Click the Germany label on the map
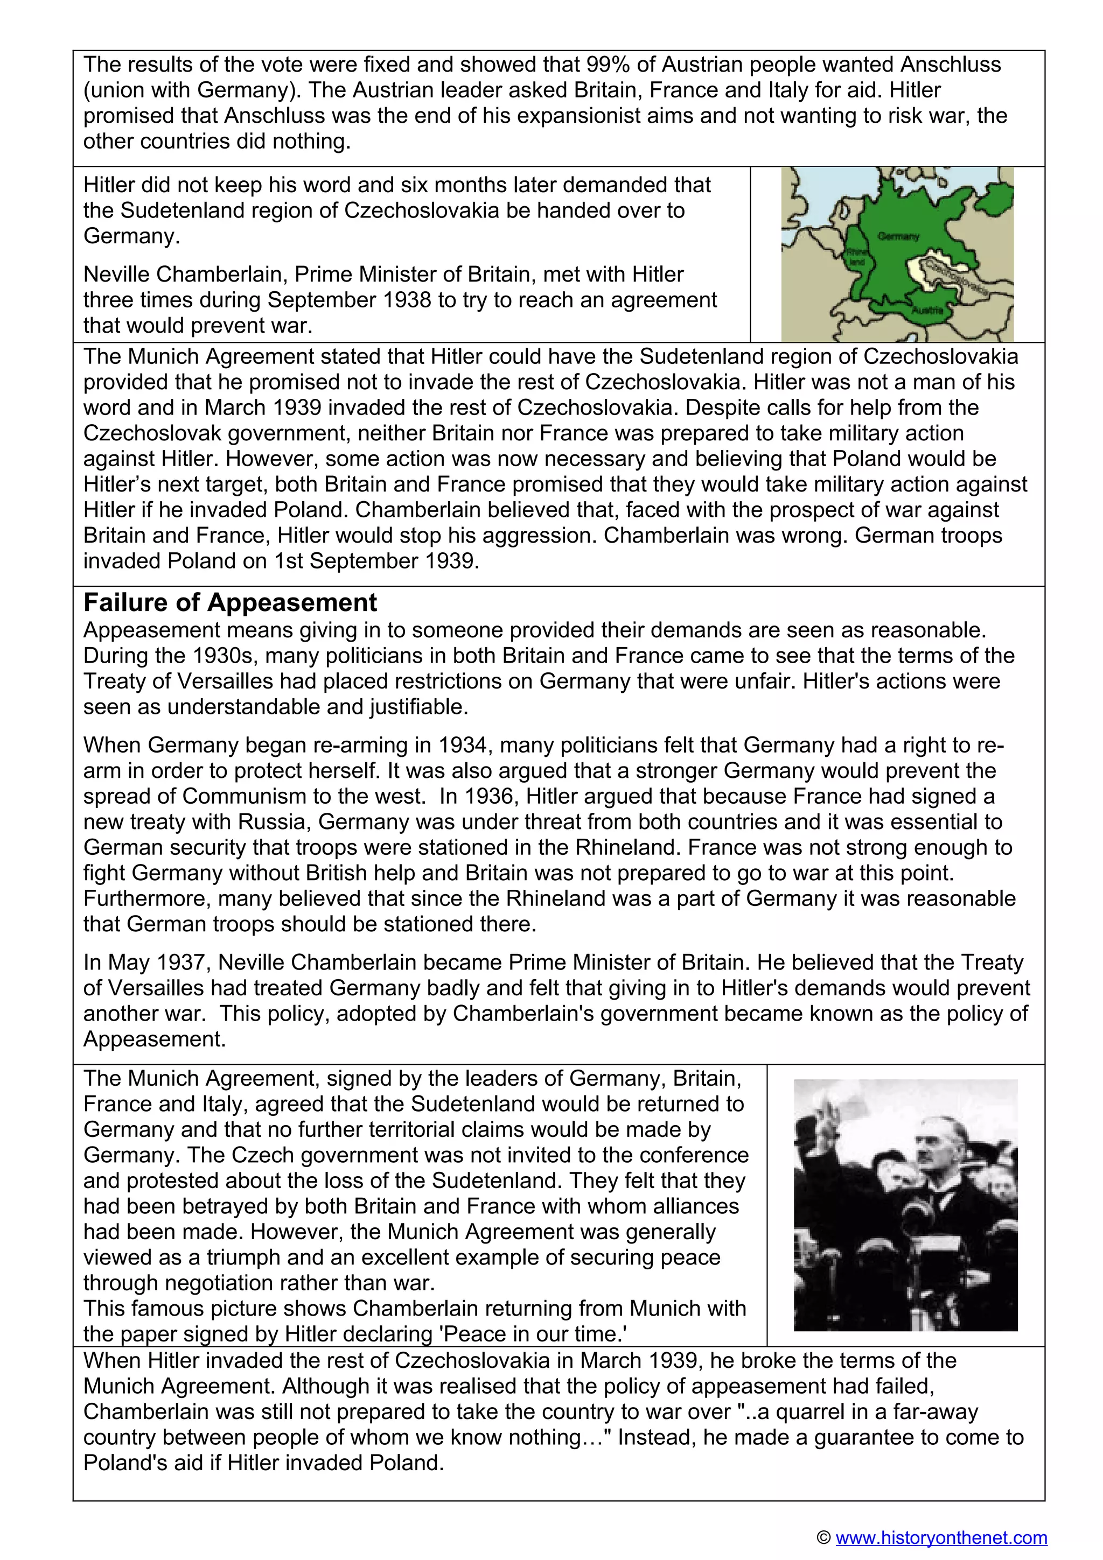tap(898, 236)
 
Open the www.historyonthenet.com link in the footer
tap(941, 1537)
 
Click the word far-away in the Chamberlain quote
tap(939, 1411)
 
